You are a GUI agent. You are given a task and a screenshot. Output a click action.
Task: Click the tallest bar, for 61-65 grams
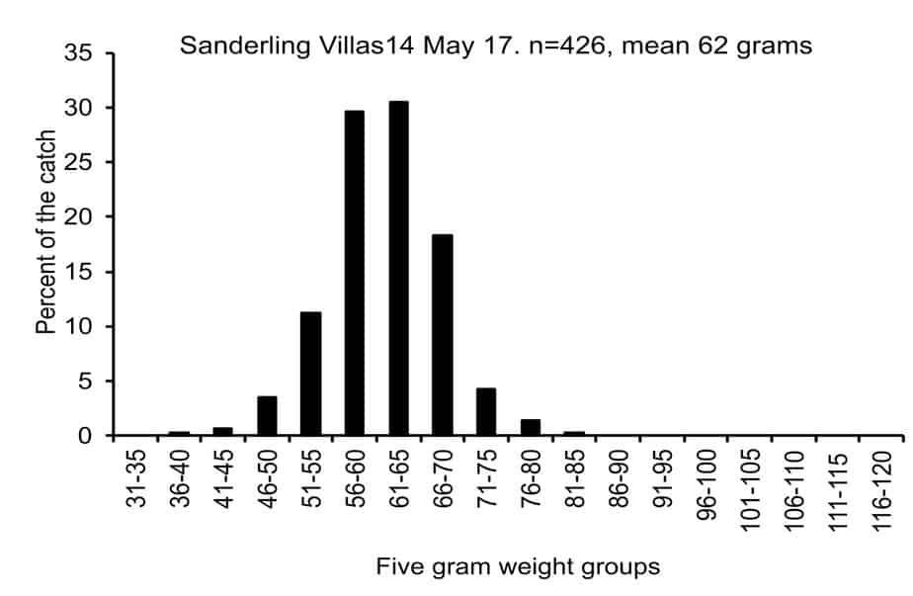coord(399,268)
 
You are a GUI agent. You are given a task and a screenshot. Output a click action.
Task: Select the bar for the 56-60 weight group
coord(355,273)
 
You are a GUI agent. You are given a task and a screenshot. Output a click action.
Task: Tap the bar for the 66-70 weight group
coord(443,334)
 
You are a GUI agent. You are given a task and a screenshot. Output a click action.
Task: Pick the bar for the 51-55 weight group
coord(311,374)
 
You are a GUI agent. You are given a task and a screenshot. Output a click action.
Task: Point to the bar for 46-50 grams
coord(267,415)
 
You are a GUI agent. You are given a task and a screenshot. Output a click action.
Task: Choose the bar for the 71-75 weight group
coord(486,411)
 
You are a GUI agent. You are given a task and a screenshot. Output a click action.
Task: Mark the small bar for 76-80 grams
coord(531,427)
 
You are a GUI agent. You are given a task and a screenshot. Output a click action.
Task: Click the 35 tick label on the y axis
coord(78,53)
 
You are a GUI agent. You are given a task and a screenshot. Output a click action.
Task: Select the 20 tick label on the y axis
coord(78,216)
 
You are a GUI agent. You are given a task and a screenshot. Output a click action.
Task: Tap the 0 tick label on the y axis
coord(86,436)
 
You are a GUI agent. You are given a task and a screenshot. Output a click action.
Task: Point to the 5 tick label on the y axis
coord(86,382)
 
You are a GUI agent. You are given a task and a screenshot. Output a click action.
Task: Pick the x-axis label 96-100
coord(706,484)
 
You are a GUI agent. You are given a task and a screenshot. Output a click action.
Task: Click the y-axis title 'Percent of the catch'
coord(45,232)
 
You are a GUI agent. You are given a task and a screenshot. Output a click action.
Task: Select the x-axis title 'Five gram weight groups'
coord(518,566)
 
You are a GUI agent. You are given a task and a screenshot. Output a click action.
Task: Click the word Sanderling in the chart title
coord(245,45)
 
